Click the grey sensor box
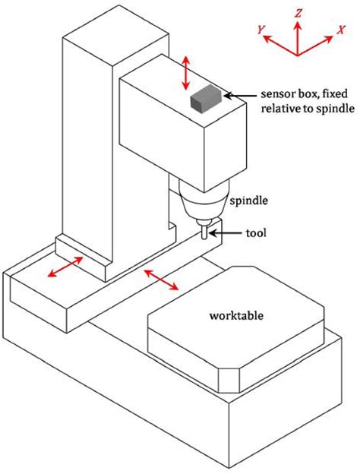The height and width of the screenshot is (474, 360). [206, 98]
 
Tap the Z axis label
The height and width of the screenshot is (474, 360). [298, 14]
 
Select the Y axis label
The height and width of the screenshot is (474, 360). [261, 30]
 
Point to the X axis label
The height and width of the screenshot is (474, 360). [341, 30]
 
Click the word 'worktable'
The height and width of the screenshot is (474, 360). [236, 315]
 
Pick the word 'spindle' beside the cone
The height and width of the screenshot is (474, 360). [249, 201]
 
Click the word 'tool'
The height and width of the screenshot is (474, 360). [256, 233]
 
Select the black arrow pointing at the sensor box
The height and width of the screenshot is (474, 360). [241, 96]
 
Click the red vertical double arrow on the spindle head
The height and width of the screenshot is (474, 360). [186, 73]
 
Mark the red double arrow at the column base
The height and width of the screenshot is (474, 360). [65, 267]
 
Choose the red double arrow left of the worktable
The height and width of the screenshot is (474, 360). [161, 280]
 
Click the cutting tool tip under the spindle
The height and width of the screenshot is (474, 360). [204, 239]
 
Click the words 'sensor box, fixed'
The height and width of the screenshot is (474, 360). [305, 94]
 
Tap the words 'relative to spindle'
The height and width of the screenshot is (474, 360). [308, 108]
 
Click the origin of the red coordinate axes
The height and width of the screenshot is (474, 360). [298, 55]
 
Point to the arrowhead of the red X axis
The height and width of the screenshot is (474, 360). [329, 39]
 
